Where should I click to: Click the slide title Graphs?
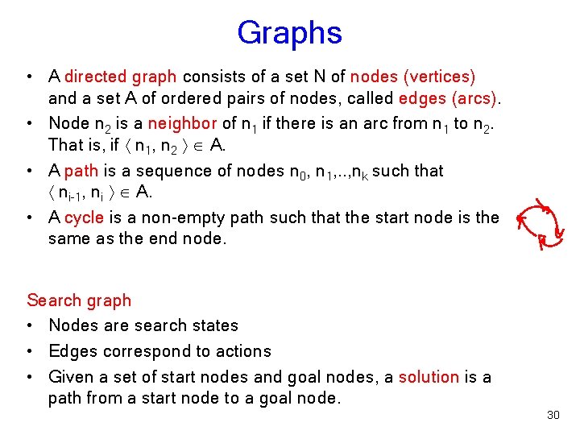click(289, 33)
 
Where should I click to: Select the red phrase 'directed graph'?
click(120, 77)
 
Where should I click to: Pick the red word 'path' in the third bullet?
click(81, 171)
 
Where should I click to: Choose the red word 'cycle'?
click(84, 217)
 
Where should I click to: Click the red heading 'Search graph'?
click(79, 300)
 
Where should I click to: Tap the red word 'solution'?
click(429, 377)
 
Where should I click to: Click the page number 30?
click(553, 415)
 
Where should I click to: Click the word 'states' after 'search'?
click(217, 325)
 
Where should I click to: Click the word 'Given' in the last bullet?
click(72, 377)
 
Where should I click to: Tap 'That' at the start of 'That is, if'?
click(64, 145)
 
